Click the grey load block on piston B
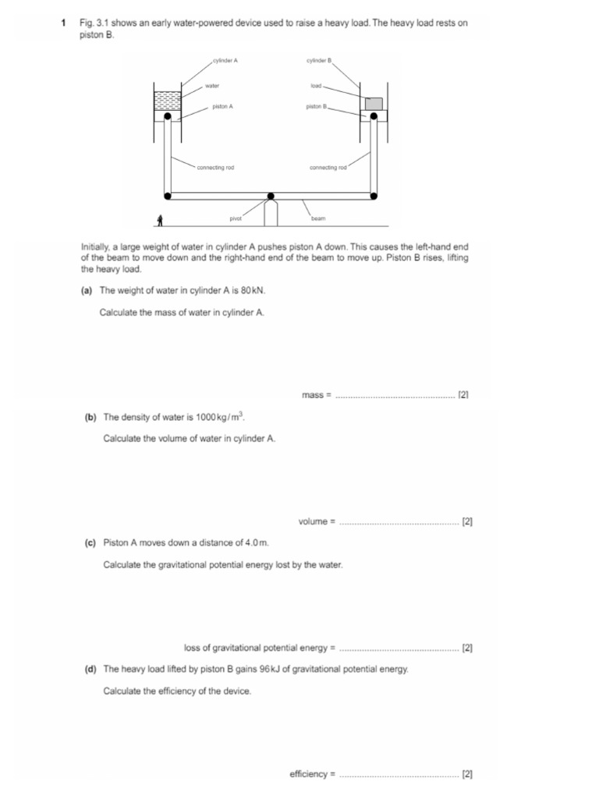coord(374,104)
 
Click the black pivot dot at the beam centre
coord(271,196)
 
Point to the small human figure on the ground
coord(160,221)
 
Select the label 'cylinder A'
coord(225,60)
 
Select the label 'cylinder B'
coord(319,60)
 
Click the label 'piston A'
coord(222,107)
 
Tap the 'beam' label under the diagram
coord(317,219)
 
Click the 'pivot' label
coord(236,219)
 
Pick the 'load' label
coord(316,86)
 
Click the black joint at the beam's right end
coord(374,195)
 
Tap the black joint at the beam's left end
coord(168,195)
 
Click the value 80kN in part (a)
coord(253,290)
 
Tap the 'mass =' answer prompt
coord(317,396)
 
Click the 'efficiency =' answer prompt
coord(312,774)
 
